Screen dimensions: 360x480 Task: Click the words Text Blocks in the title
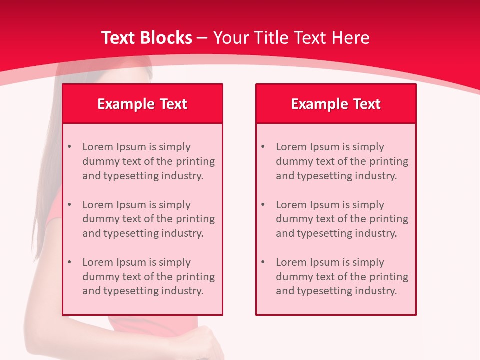tap(146, 38)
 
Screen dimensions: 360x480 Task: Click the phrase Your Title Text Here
tap(291, 38)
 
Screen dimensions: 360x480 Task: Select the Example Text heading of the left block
tap(142, 104)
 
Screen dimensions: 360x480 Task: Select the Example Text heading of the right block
tap(336, 104)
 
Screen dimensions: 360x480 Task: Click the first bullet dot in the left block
tap(70, 147)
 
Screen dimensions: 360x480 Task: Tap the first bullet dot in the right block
tap(263, 147)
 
